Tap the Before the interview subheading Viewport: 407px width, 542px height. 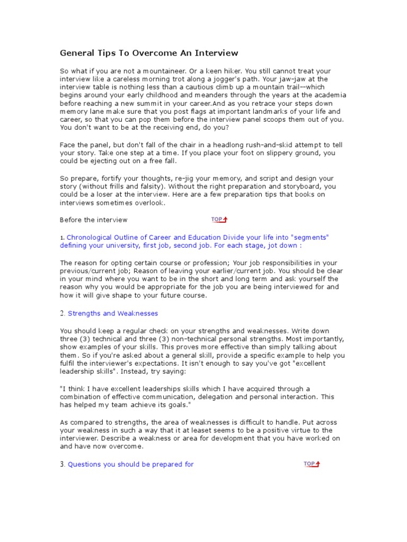tap(93, 220)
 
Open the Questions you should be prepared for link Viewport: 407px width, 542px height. tap(130, 464)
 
